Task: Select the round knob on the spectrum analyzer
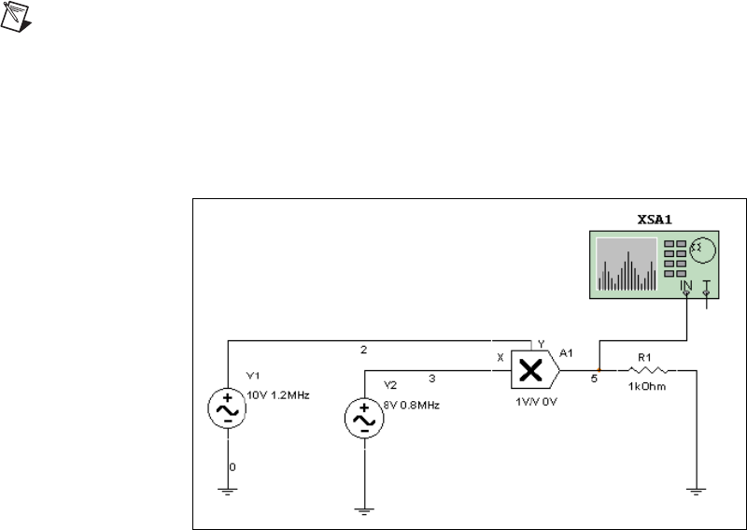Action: pos(702,250)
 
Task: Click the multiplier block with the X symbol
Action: pos(530,371)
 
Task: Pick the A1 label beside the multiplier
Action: pos(566,352)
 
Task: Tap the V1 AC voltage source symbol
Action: pos(227,409)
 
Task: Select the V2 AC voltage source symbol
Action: pos(361,420)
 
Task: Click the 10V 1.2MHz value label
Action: pos(277,394)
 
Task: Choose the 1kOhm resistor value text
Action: pos(647,387)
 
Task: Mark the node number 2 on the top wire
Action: pos(363,351)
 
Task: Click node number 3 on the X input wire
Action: pos(431,379)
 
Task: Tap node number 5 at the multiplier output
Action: pos(594,380)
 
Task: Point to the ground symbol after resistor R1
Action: pos(694,489)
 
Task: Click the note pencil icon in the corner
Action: pos(13,15)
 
